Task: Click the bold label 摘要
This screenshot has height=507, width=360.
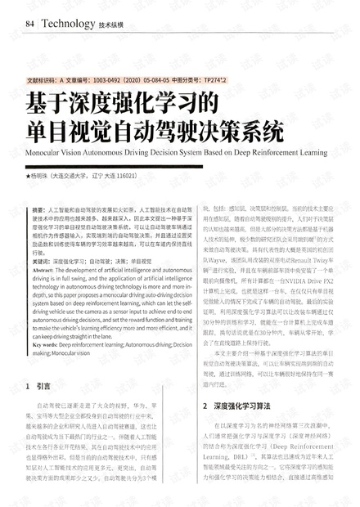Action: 38,211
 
